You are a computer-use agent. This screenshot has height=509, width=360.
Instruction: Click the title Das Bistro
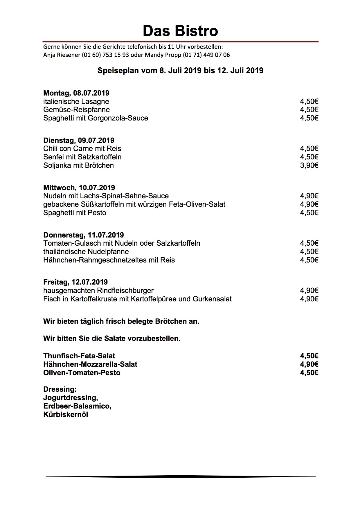pos(180,31)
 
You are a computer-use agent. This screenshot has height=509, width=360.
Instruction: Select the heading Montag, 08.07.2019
pos(76,93)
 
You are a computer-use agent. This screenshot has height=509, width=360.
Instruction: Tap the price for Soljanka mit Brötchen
pos(309,166)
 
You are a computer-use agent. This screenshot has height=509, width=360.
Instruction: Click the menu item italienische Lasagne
pos(76,102)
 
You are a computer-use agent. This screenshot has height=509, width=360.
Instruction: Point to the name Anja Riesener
pos(62,55)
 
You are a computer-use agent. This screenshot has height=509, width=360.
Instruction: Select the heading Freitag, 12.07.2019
pos(75,282)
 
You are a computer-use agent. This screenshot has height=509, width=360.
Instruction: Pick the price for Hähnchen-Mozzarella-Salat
pos(309,364)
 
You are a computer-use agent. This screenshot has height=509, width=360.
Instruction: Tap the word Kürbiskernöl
pos(66,415)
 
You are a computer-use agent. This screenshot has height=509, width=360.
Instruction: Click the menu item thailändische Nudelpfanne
pos(86,251)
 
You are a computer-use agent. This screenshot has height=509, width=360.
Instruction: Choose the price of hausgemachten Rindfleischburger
pos(309,291)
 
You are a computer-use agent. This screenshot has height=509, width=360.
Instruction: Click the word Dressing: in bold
pos(60,389)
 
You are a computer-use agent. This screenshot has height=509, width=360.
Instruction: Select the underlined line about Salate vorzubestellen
pos(112,339)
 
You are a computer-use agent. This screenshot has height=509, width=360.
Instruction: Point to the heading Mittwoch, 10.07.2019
pos(79,188)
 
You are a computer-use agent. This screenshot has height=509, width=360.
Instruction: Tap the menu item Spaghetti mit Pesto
pos(75,213)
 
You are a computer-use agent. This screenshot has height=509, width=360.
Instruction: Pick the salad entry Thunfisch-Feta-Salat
pos(79,356)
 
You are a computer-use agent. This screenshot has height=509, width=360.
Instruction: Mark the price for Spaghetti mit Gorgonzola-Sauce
pos(309,118)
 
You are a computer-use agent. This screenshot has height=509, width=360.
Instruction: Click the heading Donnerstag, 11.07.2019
pos(84,235)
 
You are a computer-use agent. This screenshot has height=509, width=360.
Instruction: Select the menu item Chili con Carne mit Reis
pos(82,149)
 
